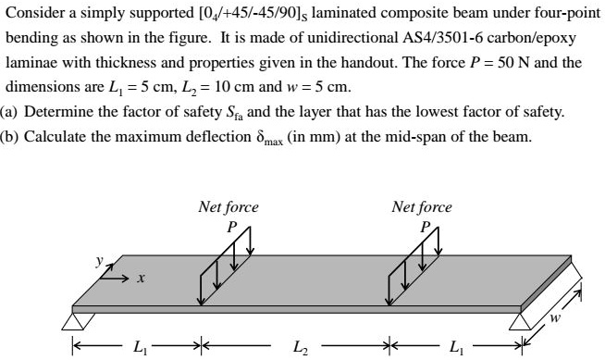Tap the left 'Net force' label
(x=228, y=207)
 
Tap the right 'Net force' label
(x=422, y=207)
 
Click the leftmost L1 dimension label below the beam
(x=139, y=349)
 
